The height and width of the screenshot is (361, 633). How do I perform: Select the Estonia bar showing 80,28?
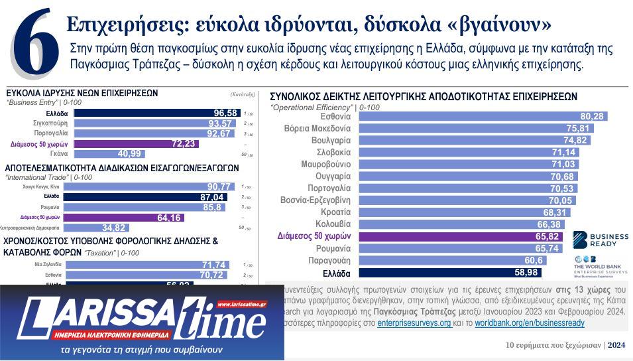coord(483,116)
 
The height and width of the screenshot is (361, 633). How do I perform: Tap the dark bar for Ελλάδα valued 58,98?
coord(449,273)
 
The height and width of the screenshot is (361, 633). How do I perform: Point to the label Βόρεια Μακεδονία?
coord(317,128)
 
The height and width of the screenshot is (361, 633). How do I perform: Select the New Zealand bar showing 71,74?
coord(146,265)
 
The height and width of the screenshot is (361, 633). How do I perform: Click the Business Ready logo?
coord(595,240)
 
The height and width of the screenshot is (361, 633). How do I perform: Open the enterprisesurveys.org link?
coord(414,323)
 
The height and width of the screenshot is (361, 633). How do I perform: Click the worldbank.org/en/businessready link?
coord(530,323)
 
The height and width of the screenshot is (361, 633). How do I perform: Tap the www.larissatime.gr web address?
coord(241,305)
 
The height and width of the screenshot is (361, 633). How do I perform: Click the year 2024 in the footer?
coord(617,344)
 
